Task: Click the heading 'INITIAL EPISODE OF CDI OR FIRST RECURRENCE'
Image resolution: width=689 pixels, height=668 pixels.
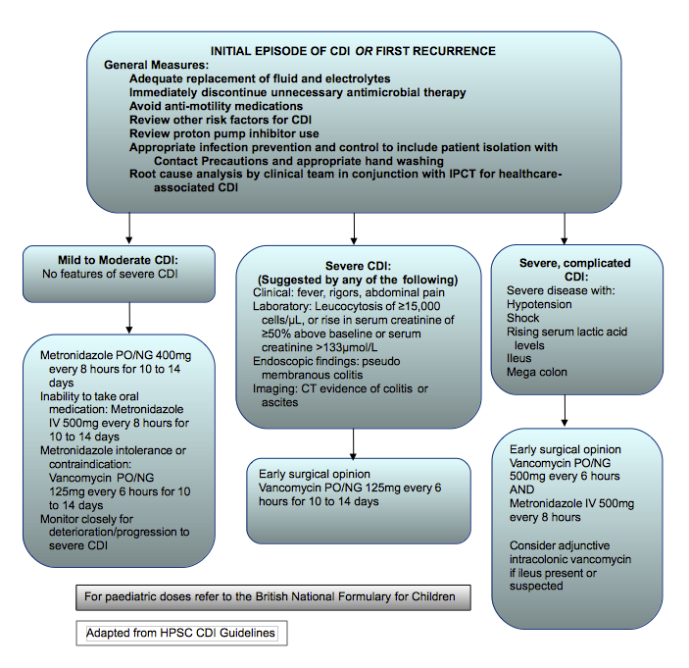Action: [354, 51]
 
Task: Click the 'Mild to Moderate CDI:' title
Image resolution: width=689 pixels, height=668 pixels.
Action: [130, 260]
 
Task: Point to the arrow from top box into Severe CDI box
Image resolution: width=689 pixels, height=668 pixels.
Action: [353, 228]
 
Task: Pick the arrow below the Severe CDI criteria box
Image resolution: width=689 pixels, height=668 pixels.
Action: [353, 440]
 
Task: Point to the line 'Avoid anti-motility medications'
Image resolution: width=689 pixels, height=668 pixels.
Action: [216, 106]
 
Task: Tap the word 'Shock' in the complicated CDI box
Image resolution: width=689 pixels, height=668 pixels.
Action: [525, 319]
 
